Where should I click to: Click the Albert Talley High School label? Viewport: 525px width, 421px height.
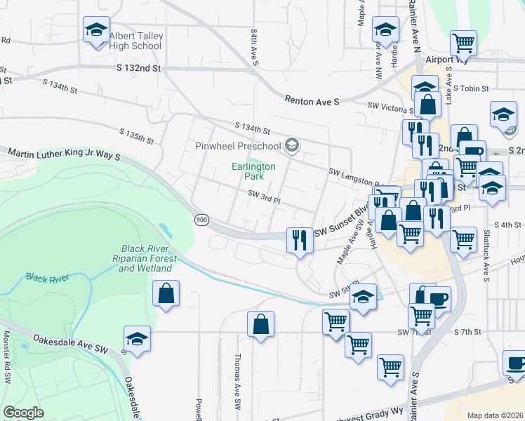[135, 41]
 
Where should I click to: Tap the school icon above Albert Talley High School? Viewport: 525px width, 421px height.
[95, 29]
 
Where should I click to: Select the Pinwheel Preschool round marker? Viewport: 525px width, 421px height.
[292, 146]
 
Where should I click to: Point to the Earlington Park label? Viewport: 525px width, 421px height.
[254, 171]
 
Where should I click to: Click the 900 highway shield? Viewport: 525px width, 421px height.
[202, 220]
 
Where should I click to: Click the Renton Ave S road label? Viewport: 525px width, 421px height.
[312, 101]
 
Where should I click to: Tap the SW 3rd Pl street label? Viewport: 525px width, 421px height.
[264, 200]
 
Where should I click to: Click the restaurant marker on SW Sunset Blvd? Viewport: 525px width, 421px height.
[300, 240]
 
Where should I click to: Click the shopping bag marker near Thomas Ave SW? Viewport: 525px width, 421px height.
[260, 324]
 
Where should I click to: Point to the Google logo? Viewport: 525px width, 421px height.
[23, 413]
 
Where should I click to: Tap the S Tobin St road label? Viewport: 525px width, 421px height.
[475, 89]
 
